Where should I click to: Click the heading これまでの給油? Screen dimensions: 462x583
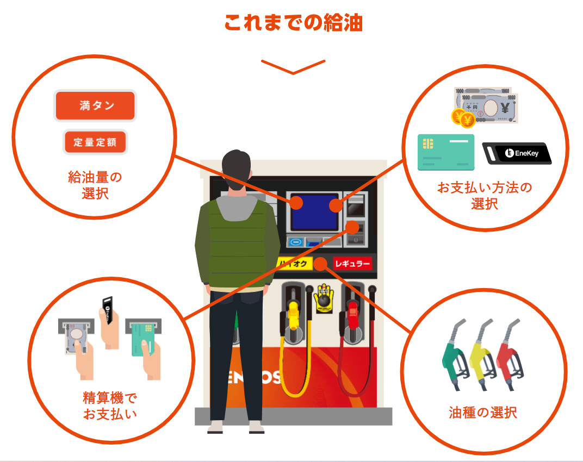(x=293, y=23)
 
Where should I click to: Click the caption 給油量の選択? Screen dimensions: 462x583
(x=95, y=185)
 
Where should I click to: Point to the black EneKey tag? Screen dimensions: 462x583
(x=517, y=153)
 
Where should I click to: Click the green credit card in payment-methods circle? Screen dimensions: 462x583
(x=445, y=152)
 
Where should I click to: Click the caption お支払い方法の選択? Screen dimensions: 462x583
(x=485, y=196)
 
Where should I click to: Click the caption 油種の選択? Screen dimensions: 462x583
(x=483, y=412)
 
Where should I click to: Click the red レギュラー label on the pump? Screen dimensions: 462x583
(x=352, y=264)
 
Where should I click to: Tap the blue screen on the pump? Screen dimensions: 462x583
(x=315, y=211)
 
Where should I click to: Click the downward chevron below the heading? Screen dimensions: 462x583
(x=293, y=66)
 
